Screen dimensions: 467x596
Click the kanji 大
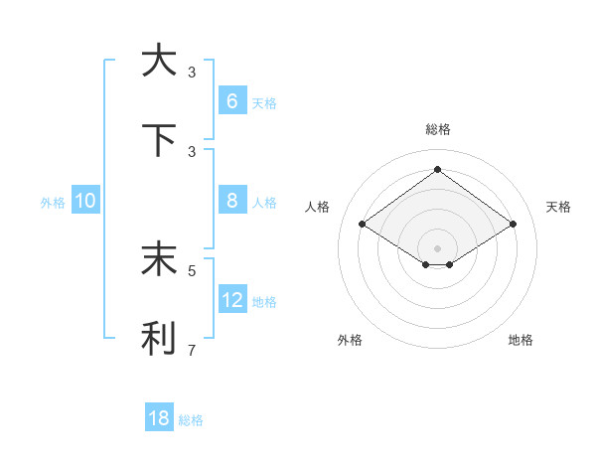(159, 61)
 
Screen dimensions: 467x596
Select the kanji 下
(159, 140)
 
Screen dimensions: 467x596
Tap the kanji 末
(159, 259)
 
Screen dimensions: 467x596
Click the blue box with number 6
(231, 101)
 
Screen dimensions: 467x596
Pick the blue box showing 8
(231, 201)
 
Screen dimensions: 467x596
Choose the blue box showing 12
(231, 300)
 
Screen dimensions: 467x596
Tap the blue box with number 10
(85, 201)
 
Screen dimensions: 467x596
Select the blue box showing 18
(159, 418)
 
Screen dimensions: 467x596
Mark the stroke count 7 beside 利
(192, 350)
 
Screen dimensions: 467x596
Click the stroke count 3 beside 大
(192, 73)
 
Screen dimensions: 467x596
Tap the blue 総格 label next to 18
(191, 420)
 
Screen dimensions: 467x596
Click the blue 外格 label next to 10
(53, 203)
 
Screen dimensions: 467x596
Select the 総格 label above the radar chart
(437, 129)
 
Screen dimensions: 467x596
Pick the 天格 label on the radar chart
(558, 207)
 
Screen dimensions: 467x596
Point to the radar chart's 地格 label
(521, 340)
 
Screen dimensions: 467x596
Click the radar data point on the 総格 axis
(437, 169)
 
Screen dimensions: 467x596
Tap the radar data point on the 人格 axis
(363, 225)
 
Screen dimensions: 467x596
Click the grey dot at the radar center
(437, 247)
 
